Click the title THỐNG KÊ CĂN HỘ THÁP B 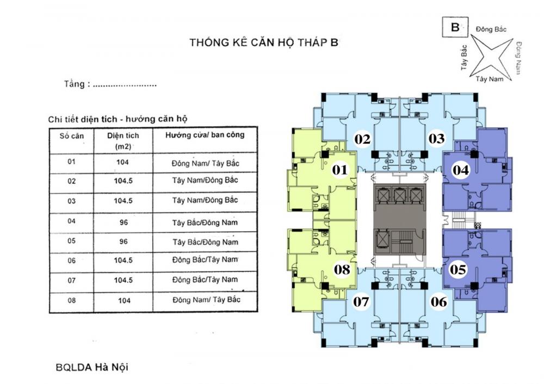click(263, 43)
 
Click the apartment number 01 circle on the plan click(340, 170)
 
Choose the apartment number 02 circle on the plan click(362, 139)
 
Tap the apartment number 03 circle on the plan click(436, 139)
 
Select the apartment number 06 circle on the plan click(438, 301)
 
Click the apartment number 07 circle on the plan click(362, 301)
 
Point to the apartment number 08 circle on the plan click(342, 269)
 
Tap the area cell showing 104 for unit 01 click(122, 162)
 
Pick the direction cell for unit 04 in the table click(205, 222)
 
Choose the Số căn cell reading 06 click(71, 260)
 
